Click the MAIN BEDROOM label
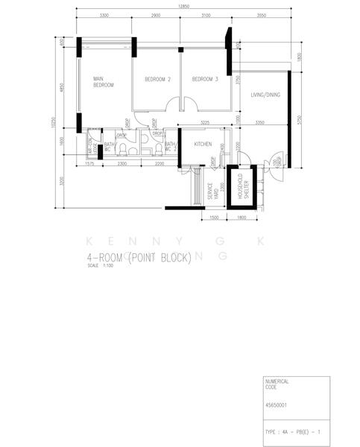tap(103, 82)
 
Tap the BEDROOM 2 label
tap(158, 80)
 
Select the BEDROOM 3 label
tap(204, 80)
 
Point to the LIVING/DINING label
tap(265, 95)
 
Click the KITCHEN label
tap(203, 143)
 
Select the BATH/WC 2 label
tap(171, 146)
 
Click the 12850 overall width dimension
tap(178, 7)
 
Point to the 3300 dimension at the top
tap(104, 16)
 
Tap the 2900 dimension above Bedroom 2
tap(155, 16)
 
